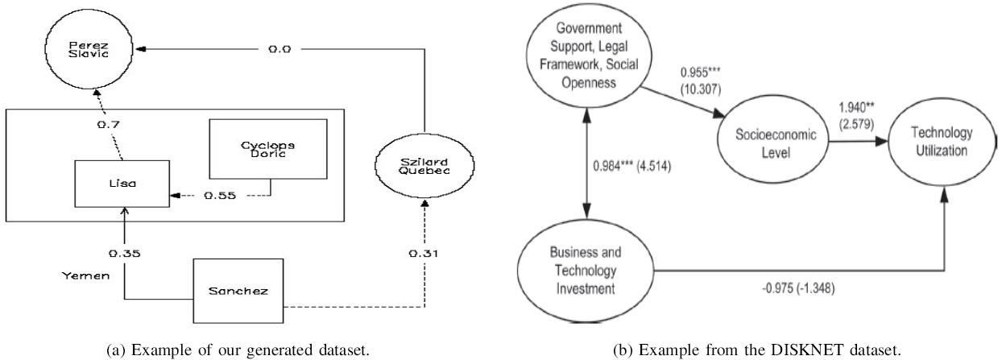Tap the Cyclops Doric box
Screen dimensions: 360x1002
click(268, 149)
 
